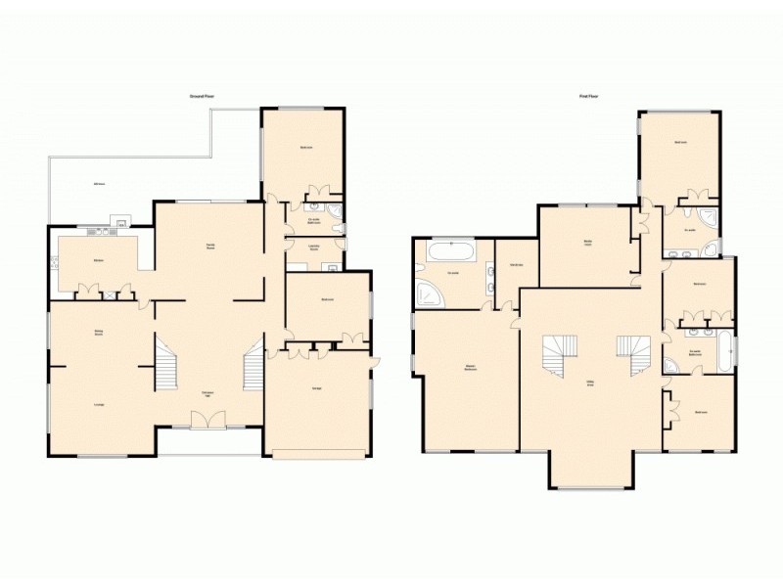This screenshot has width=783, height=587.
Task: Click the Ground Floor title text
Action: [x=203, y=96]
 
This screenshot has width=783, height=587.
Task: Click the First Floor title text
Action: [x=588, y=96]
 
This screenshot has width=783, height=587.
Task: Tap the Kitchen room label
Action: [x=99, y=259]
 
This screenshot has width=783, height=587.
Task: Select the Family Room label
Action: [x=210, y=246]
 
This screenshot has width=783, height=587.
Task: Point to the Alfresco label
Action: [x=99, y=185]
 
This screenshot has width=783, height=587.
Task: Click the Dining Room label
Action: [x=99, y=332]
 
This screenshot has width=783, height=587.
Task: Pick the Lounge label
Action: [x=99, y=403]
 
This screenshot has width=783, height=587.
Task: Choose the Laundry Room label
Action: [x=313, y=247]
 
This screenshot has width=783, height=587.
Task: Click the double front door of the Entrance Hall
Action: [x=207, y=420]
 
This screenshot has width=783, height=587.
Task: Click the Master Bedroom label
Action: [x=471, y=368]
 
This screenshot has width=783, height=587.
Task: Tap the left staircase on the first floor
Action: [x=559, y=355]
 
